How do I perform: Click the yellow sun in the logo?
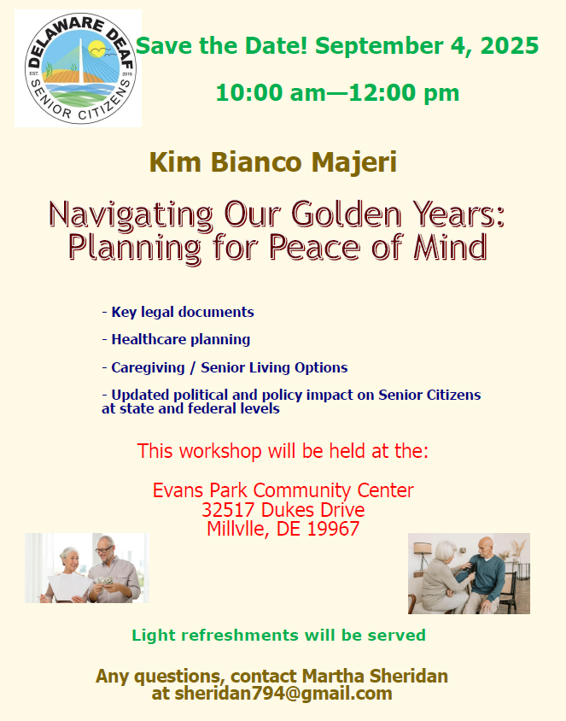(97, 49)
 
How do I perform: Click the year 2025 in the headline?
(510, 45)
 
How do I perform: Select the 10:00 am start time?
(271, 92)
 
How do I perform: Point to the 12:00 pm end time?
(404, 92)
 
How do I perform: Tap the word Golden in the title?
(347, 214)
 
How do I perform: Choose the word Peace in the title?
(314, 247)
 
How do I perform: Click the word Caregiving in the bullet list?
(148, 367)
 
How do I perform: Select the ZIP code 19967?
(333, 529)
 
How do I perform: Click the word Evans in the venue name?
(178, 490)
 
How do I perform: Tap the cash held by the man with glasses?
(106, 581)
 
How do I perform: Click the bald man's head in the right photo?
(485, 546)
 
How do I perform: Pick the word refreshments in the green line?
(239, 636)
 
